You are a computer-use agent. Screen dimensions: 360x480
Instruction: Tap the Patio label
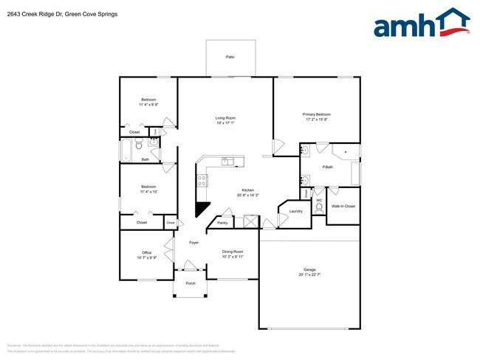(x=230, y=56)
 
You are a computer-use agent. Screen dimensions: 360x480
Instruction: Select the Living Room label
(x=225, y=118)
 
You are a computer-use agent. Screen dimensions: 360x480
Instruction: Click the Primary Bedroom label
(x=316, y=114)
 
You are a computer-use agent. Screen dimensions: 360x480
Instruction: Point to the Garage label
(x=309, y=269)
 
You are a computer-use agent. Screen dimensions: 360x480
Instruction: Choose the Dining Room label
(x=233, y=252)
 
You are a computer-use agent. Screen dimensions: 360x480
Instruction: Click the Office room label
(x=146, y=252)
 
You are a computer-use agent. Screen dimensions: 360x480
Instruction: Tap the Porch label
(x=191, y=283)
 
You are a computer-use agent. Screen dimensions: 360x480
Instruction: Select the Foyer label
(x=193, y=242)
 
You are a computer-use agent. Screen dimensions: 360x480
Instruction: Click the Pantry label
(x=222, y=222)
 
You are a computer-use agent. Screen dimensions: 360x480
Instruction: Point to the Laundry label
(x=296, y=212)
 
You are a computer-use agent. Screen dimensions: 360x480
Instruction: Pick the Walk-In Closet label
(x=343, y=207)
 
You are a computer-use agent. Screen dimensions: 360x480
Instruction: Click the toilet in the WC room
(x=319, y=209)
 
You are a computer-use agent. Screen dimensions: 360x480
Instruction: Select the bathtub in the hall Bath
(x=126, y=150)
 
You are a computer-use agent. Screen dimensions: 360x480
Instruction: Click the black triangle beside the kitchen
(x=201, y=209)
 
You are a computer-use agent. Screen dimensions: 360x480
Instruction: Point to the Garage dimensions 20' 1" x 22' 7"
(x=309, y=274)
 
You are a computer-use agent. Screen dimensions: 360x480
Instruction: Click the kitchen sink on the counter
(x=227, y=161)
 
